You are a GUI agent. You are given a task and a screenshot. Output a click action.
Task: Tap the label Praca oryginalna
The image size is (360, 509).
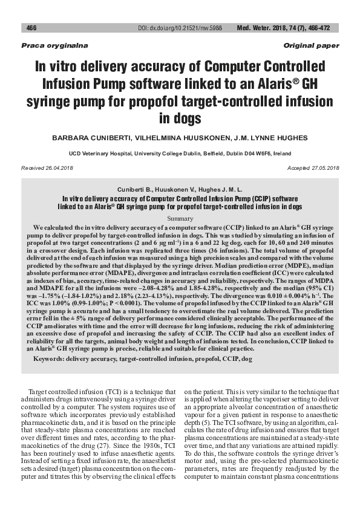tap(47, 46)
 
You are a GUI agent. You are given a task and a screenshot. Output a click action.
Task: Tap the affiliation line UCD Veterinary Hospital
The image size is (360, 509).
tap(180, 154)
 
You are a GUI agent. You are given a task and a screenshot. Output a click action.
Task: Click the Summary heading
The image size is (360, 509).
tap(180, 216)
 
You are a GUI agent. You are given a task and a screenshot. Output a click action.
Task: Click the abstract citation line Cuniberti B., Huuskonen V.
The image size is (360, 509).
tap(180, 189)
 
